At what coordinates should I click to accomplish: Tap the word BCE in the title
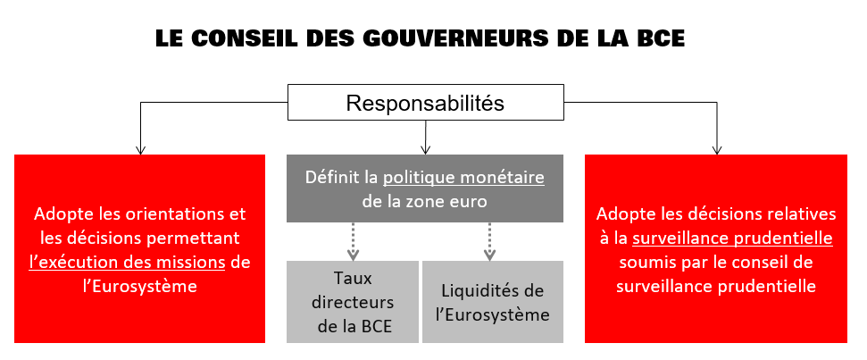tap(659, 38)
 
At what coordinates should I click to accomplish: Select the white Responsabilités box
tap(426, 103)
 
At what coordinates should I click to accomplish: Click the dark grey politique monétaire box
tap(425, 188)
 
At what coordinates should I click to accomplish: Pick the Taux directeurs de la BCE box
tap(352, 301)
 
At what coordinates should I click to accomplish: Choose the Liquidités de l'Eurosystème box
tap(493, 301)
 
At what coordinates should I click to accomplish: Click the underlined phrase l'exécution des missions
tap(127, 262)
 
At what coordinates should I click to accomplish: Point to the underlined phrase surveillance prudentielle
tap(733, 239)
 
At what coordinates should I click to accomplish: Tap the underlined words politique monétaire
tap(464, 178)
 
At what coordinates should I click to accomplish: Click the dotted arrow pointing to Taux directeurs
tap(353, 241)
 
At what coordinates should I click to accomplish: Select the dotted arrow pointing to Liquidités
tap(489, 241)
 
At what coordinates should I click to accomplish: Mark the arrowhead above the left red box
tap(140, 149)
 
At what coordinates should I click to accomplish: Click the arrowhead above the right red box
tap(717, 149)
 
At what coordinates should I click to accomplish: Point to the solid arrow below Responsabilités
tap(425, 138)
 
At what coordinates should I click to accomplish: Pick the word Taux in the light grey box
tap(353, 278)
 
